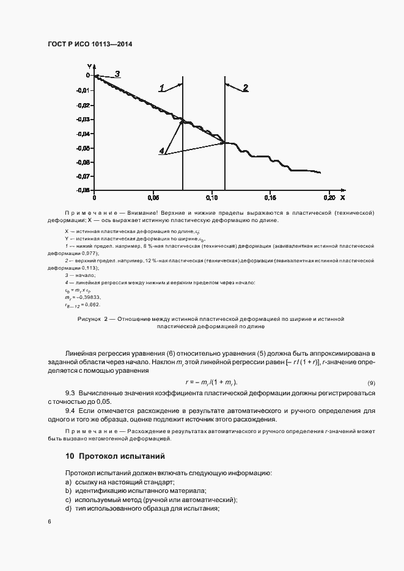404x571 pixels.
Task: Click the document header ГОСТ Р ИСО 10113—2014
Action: [x=90, y=45]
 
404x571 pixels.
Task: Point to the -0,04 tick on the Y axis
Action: [x=84, y=134]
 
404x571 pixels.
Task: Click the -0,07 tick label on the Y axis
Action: [x=84, y=176]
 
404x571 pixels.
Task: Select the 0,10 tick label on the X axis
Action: [x=211, y=198]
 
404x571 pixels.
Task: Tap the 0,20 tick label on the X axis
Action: [x=329, y=198]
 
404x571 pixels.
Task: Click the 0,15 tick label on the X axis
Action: [x=270, y=198]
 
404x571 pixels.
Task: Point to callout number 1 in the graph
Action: [x=162, y=88]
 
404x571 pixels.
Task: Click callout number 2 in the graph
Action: [x=245, y=88]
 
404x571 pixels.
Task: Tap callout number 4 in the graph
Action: [x=161, y=151]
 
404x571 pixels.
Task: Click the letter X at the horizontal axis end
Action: [x=342, y=198]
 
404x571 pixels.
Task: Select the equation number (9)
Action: [x=371, y=382]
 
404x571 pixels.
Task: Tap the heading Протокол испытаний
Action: [x=122, y=456]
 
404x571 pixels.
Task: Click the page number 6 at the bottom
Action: [x=49, y=521]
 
